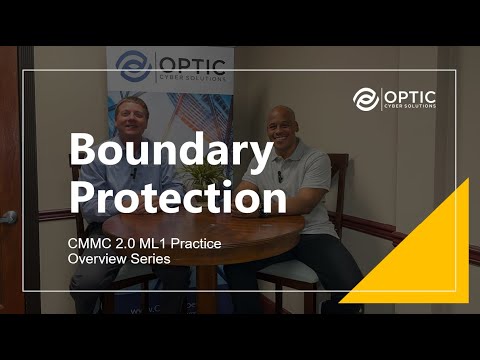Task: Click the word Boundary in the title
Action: pos(170,151)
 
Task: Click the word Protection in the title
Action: pos(177,199)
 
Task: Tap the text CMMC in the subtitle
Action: pos(88,243)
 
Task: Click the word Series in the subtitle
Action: pos(149,259)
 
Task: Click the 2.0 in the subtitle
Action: pos(125,243)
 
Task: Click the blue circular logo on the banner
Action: pos(133,67)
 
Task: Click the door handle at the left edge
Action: pos(7,217)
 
